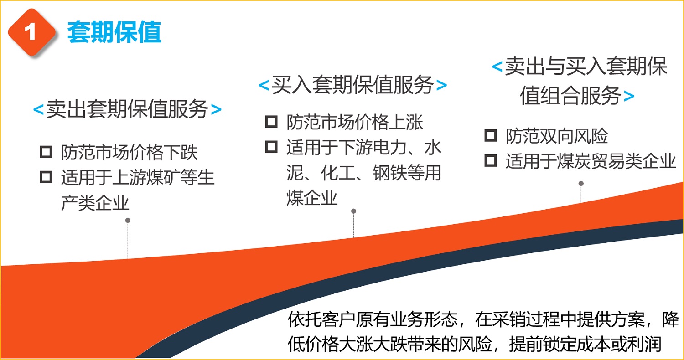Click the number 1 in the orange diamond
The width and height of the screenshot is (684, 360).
click(30, 32)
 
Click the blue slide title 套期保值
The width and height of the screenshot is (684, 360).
click(114, 32)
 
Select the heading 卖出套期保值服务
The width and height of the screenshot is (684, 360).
click(127, 109)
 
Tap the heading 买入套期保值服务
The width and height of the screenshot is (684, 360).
click(352, 84)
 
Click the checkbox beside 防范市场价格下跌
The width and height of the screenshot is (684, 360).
click(46, 152)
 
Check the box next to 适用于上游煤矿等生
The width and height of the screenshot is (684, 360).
click(46, 177)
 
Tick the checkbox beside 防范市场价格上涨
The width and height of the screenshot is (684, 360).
click(271, 122)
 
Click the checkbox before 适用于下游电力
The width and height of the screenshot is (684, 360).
click(271, 147)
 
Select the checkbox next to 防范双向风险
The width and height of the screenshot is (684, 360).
click(491, 135)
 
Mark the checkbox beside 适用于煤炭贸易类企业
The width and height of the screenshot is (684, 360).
click(491, 160)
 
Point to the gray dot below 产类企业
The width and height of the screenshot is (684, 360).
click(128, 220)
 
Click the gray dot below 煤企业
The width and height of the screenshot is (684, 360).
click(353, 211)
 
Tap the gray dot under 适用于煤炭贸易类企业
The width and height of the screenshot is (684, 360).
click(581, 183)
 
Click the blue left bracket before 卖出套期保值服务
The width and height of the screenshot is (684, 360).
click(38, 109)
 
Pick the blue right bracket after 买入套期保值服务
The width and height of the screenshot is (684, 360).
click(441, 85)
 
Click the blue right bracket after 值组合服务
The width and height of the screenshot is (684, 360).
click(629, 96)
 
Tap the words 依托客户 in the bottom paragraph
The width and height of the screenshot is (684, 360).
click(321, 319)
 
